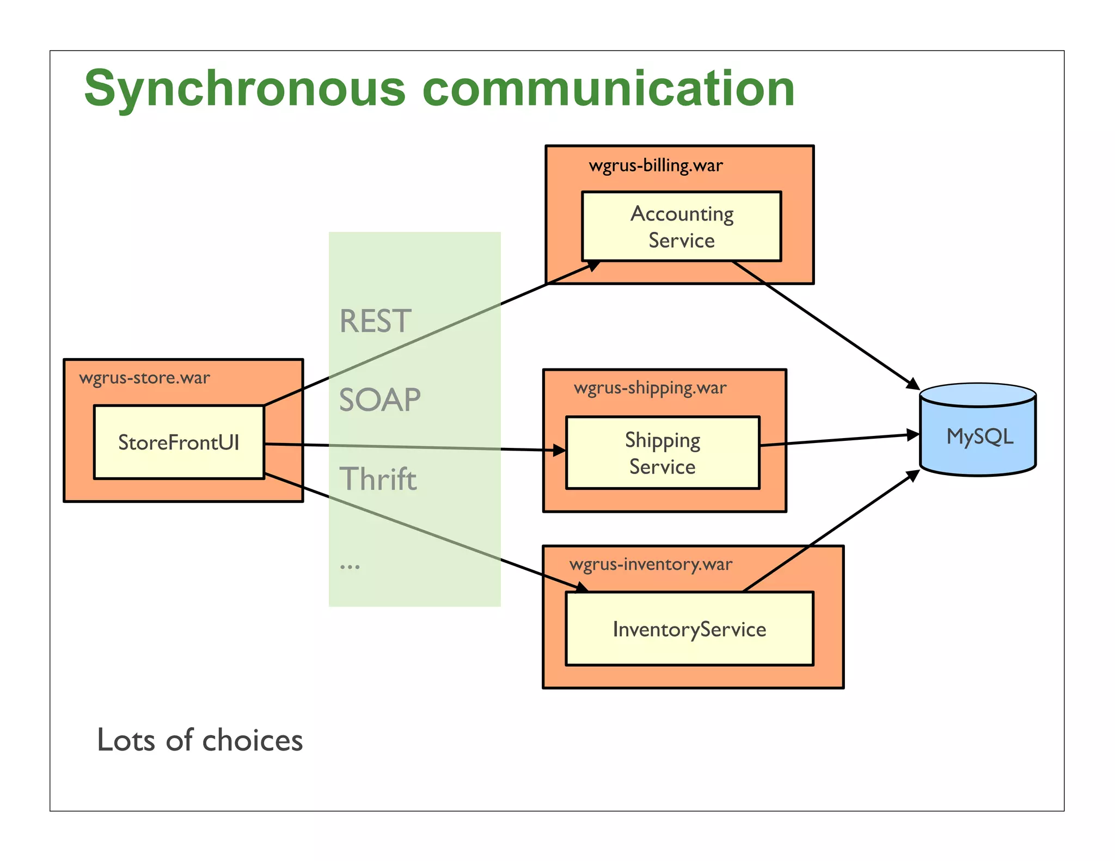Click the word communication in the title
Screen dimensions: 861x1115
pyautogui.click(x=608, y=89)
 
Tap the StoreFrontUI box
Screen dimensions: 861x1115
pyautogui.click(x=179, y=442)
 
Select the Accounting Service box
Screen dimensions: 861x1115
pyautogui.click(x=681, y=226)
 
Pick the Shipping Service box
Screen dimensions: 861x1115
pyautogui.click(x=662, y=453)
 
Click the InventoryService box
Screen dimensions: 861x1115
pyautogui.click(x=689, y=629)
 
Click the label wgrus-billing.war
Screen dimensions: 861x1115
pyautogui.click(x=655, y=165)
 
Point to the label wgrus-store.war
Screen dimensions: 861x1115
pyautogui.click(x=144, y=378)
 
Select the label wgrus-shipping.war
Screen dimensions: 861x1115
pyautogui.click(x=650, y=388)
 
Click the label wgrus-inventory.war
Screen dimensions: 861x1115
pyautogui.click(x=651, y=564)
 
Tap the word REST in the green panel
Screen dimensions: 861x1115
pyautogui.click(x=375, y=321)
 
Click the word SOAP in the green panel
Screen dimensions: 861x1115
pyautogui.click(x=379, y=400)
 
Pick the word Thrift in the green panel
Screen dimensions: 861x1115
pyautogui.click(x=378, y=479)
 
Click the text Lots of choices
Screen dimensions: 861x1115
pyautogui.click(x=199, y=740)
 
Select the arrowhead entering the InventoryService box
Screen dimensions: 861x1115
pyautogui.click(x=582, y=588)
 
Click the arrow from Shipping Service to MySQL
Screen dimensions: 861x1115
pyautogui.click(x=838, y=440)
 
